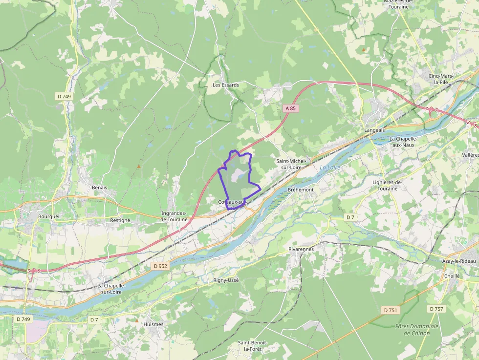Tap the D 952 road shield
160,266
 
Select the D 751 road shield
391,310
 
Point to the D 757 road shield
436,309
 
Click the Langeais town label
375,130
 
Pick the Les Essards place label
226,85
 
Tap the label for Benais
99,187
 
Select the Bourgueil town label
49,215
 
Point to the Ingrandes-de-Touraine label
174,216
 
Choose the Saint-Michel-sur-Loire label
291,164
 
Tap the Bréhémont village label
301,189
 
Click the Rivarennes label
301,249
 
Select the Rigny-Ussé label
226,280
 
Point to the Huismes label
153,324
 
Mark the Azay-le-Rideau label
458,262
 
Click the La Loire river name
329,168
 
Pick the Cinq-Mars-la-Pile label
441,79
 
